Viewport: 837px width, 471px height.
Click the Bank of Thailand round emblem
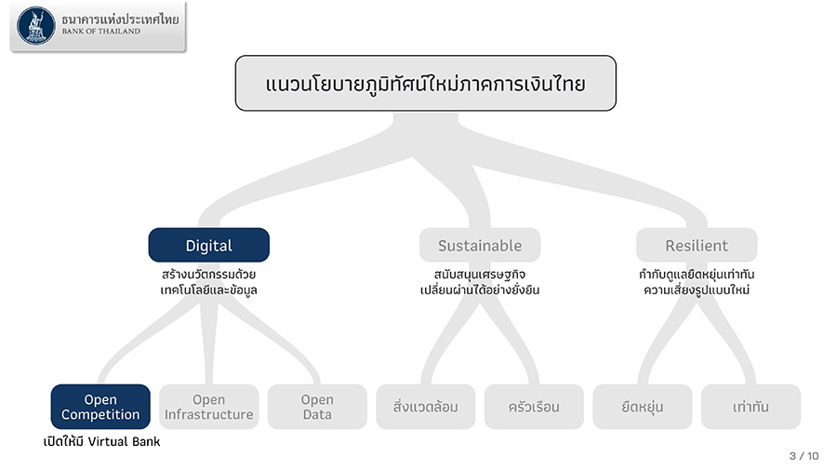(36, 26)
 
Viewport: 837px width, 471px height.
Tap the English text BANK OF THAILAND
(101, 32)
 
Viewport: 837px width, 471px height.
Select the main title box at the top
(425, 83)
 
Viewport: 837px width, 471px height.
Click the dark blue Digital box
(208, 245)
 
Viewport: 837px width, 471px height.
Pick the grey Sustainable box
(480, 245)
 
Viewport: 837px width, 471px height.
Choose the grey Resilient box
(697, 245)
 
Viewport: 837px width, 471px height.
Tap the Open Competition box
(100, 407)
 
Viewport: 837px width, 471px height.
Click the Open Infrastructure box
(208, 407)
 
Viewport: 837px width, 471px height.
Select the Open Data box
(317, 407)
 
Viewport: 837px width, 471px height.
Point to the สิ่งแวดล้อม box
(425, 407)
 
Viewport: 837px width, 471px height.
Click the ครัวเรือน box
(534, 407)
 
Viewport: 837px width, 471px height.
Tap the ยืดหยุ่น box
(642, 407)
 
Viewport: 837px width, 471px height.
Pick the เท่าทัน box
(751, 407)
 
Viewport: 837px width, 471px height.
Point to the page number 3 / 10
(804, 456)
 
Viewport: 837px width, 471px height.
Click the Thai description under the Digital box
(208, 282)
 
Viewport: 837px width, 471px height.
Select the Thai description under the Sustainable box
(480, 282)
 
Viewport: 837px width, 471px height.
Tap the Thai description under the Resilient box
(697, 282)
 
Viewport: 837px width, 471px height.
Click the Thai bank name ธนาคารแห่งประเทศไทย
(120, 20)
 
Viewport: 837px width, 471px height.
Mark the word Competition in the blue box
(100, 414)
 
